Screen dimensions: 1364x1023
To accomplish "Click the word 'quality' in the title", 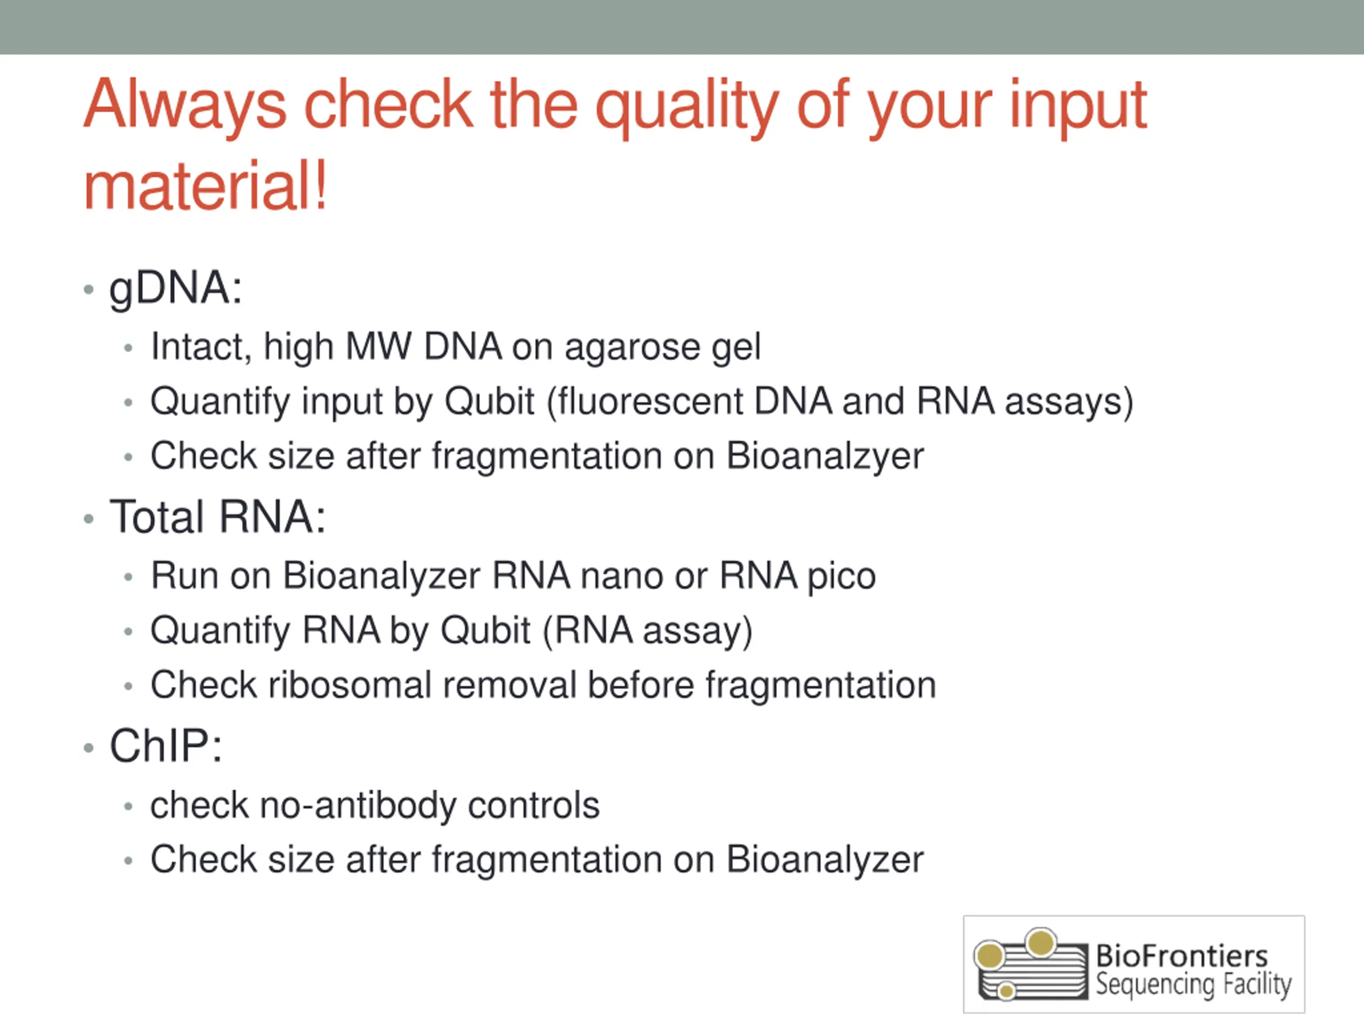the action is point(687,108).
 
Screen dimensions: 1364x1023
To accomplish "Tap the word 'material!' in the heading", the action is point(205,185).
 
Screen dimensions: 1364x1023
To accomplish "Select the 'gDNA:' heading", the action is point(176,289).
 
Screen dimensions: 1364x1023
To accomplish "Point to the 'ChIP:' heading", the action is point(166,745).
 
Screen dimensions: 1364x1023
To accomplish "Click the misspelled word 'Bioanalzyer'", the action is point(825,456).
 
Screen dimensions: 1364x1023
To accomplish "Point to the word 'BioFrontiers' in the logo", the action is point(1181,956).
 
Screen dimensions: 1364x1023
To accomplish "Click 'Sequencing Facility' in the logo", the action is point(1193,985).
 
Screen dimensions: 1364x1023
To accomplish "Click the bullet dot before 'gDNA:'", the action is point(89,289).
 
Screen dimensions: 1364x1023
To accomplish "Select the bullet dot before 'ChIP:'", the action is point(89,748).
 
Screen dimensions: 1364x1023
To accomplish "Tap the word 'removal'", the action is point(509,685).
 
